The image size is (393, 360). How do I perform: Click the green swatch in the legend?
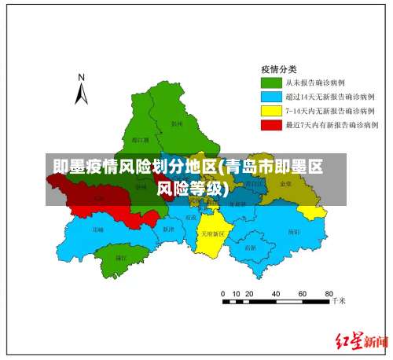tap(271, 82)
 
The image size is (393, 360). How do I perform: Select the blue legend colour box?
tap(271, 96)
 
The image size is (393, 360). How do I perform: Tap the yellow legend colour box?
tap(271, 110)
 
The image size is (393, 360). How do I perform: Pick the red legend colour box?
tap(271, 124)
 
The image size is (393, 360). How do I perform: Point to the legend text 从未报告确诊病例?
tap(314, 82)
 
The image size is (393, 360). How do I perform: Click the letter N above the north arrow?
tap(81, 77)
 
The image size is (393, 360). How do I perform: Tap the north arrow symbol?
tap(81, 94)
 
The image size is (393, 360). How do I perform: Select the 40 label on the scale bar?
tap(275, 292)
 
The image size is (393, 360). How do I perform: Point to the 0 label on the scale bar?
tap(224, 292)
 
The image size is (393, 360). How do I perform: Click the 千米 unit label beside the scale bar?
tap(339, 300)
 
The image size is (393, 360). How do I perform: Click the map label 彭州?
tap(176, 124)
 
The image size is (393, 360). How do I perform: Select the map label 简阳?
tap(293, 232)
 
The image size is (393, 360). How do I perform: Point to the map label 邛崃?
tap(97, 230)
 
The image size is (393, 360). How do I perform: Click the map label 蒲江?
tap(121, 257)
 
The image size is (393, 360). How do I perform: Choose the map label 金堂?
tap(285, 183)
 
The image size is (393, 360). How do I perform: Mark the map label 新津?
tap(167, 230)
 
